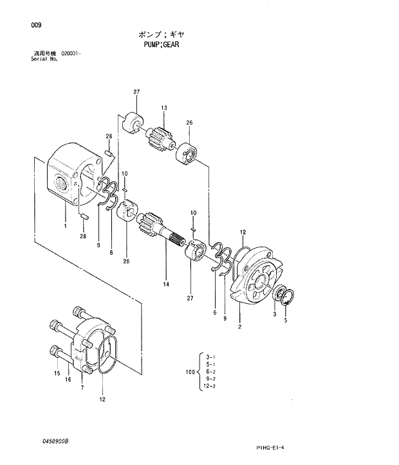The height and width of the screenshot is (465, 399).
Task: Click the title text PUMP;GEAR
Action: click(x=161, y=45)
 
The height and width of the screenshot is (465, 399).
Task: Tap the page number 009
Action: click(x=34, y=25)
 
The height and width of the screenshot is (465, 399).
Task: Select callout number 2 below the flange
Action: click(x=239, y=327)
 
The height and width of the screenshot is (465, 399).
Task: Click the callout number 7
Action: click(x=82, y=388)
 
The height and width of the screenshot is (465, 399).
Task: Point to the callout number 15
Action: click(x=57, y=373)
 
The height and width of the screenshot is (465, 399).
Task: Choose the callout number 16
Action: click(x=68, y=380)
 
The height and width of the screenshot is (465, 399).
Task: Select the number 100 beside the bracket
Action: click(x=189, y=372)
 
